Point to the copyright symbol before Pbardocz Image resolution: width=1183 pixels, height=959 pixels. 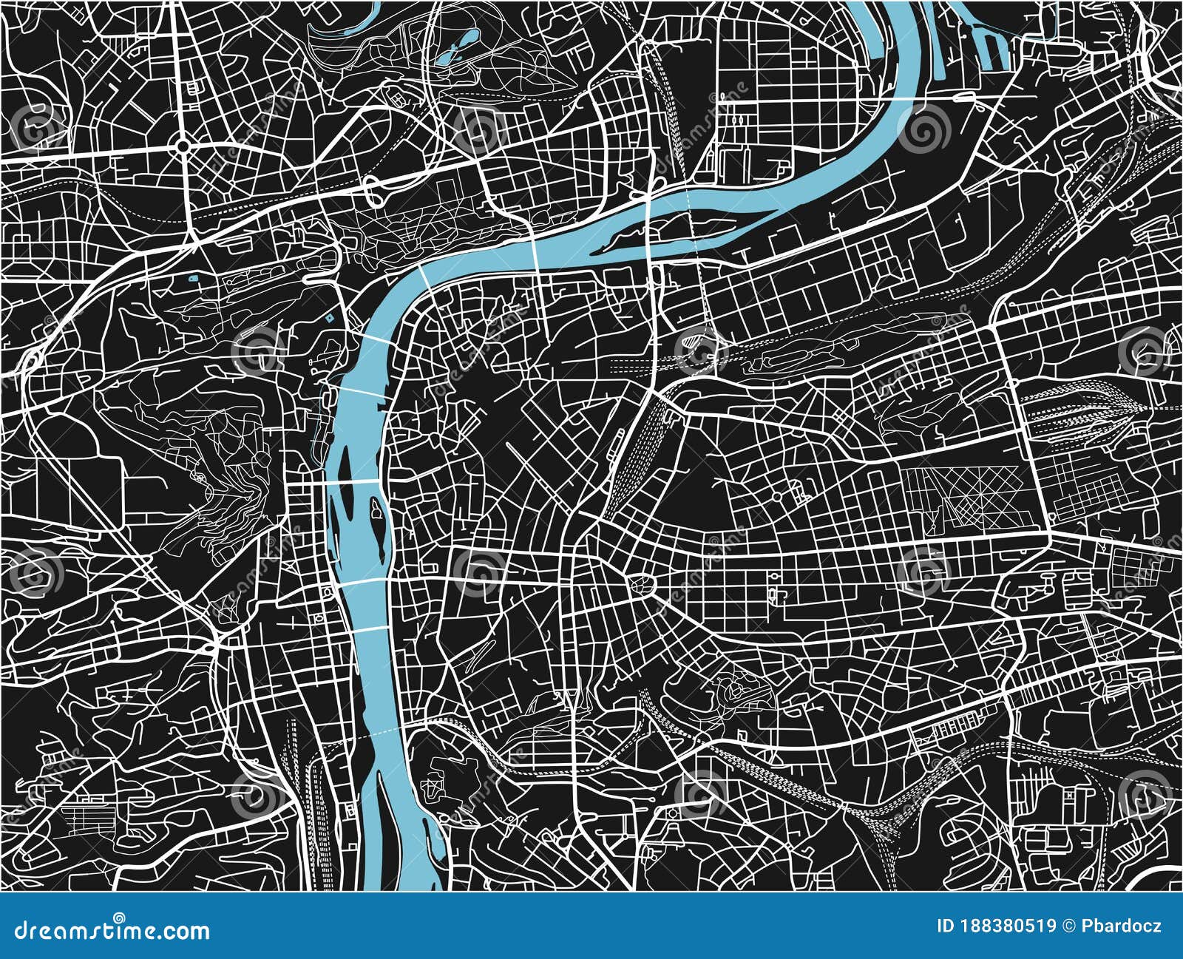coord(1070,926)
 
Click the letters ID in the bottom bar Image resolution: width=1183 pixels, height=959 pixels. coord(946,926)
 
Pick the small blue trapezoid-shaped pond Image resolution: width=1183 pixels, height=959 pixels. coord(194,279)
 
